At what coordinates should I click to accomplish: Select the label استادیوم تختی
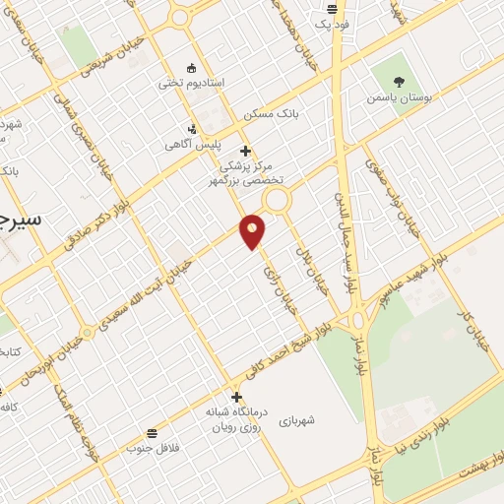tap(192, 84)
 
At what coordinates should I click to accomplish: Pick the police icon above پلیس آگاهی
tap(192, 129)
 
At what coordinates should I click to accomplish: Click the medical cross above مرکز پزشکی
tap(245, 151)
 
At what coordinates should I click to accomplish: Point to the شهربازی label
tap(296, 420)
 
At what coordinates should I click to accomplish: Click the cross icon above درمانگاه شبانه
tap(236, 397)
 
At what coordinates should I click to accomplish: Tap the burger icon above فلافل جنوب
tap(151, 433)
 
